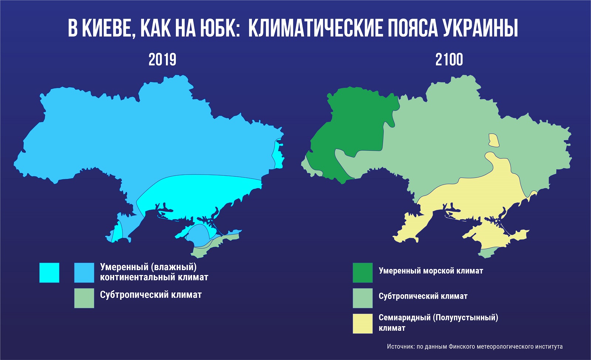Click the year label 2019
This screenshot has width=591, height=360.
pyautogui.click(x=162, y=60)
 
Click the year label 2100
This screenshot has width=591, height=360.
pyautogui.click(x=449, y=60)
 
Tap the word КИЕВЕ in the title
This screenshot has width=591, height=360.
pyautogui.click(x=106, y=28)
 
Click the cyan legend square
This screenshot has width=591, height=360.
pyautogui.click(x=49, y=273)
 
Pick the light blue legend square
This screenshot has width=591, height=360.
pyautogui.click(x=84, y=273)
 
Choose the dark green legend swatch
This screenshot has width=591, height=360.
pyautogui.click(x=362, y=273)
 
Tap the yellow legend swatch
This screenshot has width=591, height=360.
pyautogui.click(x=362, y=324)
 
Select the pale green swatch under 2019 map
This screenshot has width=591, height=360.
pyautogui.click(x=84, y=298)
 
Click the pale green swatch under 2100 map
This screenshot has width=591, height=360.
pyautogui.click(x=362, y=298)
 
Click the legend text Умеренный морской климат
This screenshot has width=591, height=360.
pyautogui.click(x=431, y=271)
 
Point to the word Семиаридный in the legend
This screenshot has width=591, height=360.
pyautogui.click(x=404, y=317)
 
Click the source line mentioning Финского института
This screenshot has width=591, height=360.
pyautogui.click(x=475, y=347)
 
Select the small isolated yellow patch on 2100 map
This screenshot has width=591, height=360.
pyautogui.click(x=493, y=140)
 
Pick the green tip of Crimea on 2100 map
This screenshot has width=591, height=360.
pyautogui.click(x=487, y=252)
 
